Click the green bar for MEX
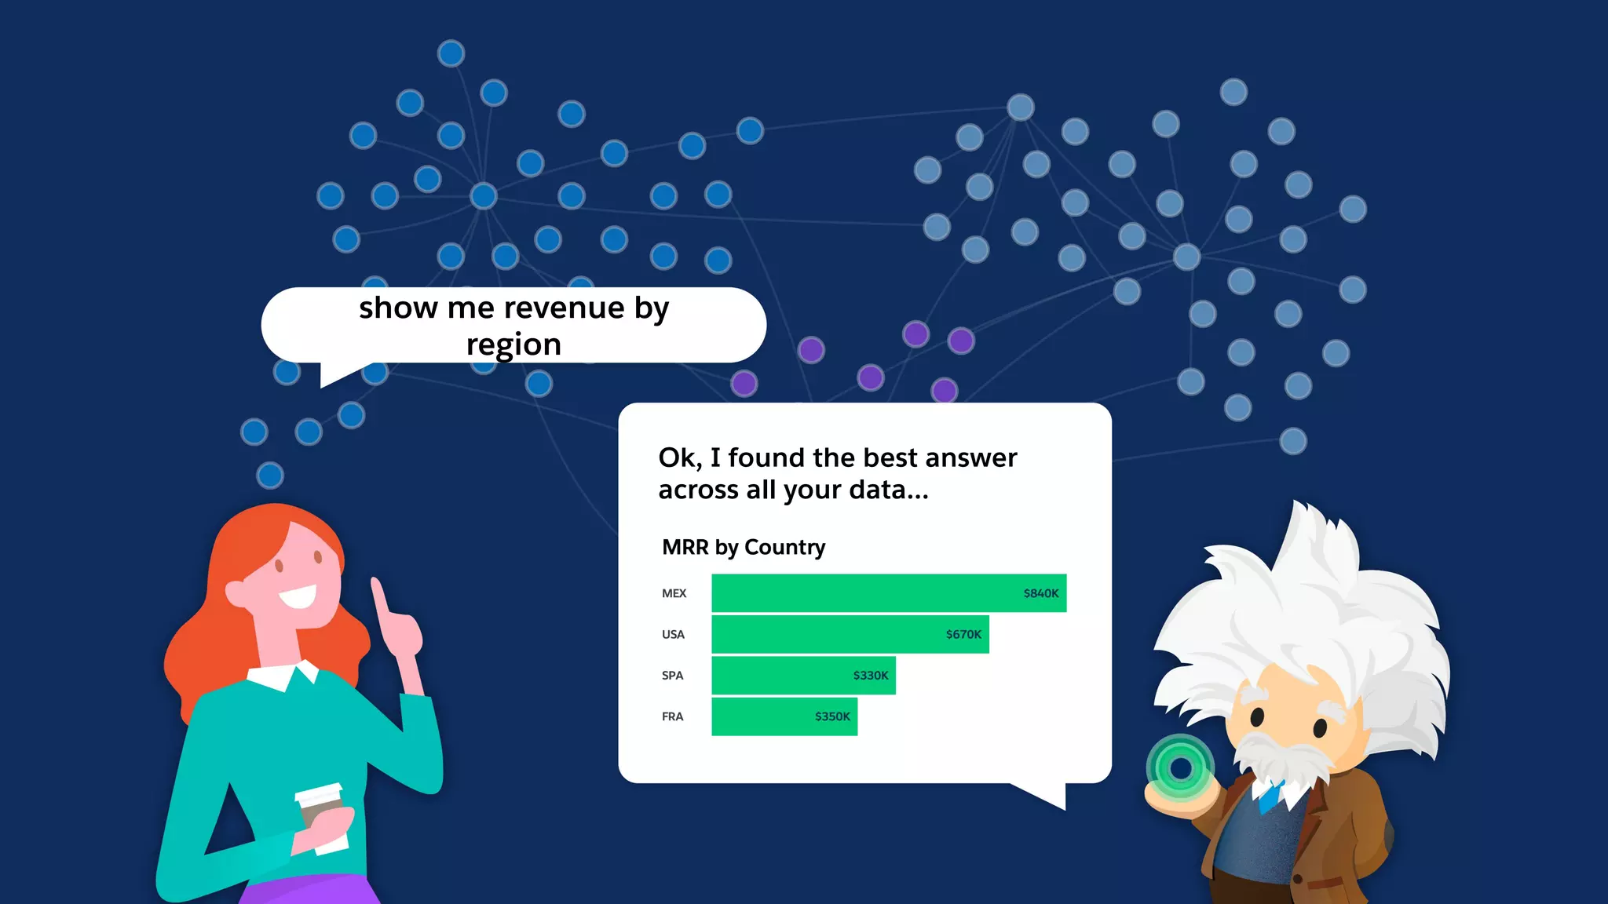(x=864, y=593)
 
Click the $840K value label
(x=1041, y=593)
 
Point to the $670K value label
(x=963, y=634)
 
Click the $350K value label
(x=832, y=716)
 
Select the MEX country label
(x=674, y=593)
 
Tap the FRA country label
(x=672, y=716)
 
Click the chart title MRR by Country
(x=744, y=547)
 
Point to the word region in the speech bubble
(x=513, y=344)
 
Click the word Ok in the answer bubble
(x=678, y=457)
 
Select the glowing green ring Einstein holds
(x=1180, y=768)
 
